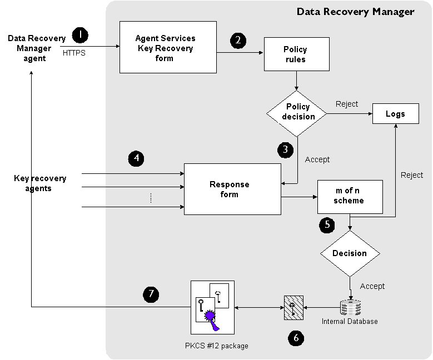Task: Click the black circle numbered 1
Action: [x=80, y=35]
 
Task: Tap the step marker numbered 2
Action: [x=238, y=40]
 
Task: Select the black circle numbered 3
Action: [x=285, y=149]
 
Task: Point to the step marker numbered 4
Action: [x=136, y=158]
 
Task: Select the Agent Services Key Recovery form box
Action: [x=168, y=47]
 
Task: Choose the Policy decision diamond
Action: [x=297, y=111]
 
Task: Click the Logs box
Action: [x=395, y=114]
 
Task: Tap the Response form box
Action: [x=232, y=189]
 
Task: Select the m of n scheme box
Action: [x=350, y=196]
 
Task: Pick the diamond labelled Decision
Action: [x=350, y=253]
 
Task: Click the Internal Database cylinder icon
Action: [x=350, y=307]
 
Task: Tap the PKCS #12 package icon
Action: [x=213, y=306]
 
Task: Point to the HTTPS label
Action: [x=74, y=53]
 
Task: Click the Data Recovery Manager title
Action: [x=355, y=11]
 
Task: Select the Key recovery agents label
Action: [x=40, y=183]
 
